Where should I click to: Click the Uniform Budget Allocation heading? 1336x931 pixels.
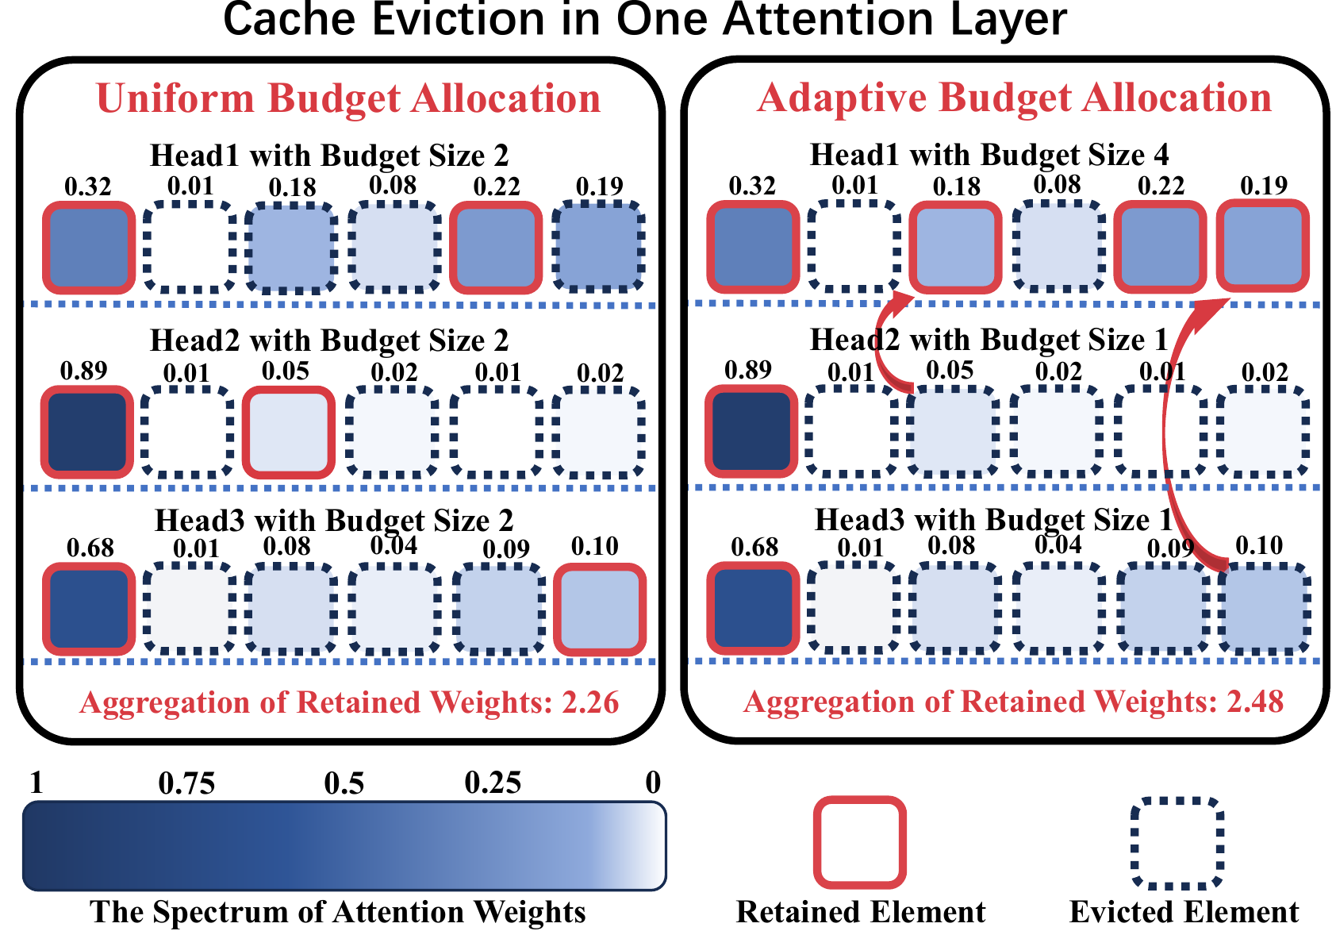pyautogui.click(x=348, y=98)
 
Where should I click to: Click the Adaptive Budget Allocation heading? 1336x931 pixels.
pyautogui.click(x=1015, y=98)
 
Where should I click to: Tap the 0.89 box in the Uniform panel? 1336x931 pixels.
pyautogui.click(x=87, y=431)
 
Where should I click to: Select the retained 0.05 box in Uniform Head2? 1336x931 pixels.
pyautogui.click(x=288, y=431)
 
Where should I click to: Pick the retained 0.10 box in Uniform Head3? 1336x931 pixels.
pyautogui.click(x=599, y=609)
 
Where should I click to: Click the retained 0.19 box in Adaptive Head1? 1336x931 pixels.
pyautogui.click(x=1262, y=245)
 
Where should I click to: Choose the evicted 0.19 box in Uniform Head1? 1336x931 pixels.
pyautogui.click(x=599, y=246)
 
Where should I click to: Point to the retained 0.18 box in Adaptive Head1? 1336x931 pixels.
pyautogui.click(x=955, y=246)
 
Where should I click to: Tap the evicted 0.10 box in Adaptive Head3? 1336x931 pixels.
pyautogui.click(x=1262, y=609)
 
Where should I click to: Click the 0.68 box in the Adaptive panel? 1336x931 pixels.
pyautogui.click(x=752, y=608)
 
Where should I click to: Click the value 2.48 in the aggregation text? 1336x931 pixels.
pyautogui.click(x=1255, y=702)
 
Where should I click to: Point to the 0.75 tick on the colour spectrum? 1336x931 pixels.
pyautogui.click(x=186, y=783)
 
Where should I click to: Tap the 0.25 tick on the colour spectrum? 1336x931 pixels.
pyautogui.click(x=493, y=783)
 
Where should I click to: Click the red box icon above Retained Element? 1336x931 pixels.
pyautogui.click(x=860, y=842)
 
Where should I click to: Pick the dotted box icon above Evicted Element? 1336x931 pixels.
pyautogui.click(x=1177, y=842)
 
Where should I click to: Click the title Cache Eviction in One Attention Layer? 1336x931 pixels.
pyautogui.click(x=644, y=19)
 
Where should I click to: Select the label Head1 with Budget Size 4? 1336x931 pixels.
pyautogui.click(x=989, y=155)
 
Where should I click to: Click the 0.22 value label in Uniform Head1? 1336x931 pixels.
pyautogui.click(x=497, y=187)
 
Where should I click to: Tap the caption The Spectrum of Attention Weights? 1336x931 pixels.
pyautogui.click(x=338, y=912)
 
